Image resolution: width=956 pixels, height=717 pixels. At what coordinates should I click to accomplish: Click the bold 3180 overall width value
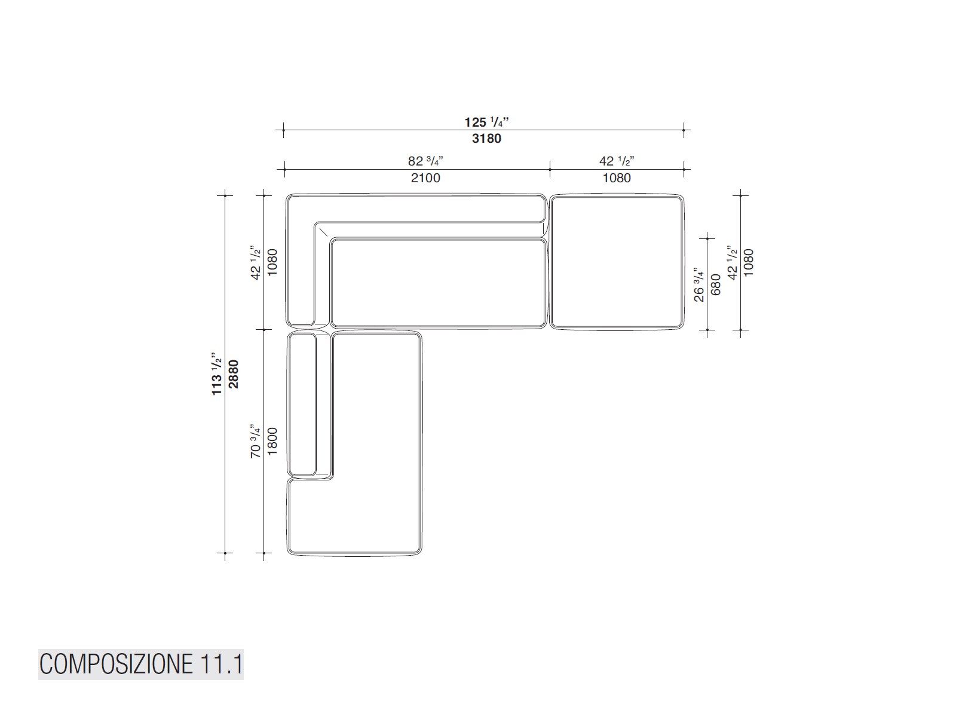(x=486, y=139)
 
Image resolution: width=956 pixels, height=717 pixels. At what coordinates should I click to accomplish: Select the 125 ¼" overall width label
(x=486, y=121)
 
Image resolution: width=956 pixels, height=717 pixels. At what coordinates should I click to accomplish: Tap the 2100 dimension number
(x=425, y=177)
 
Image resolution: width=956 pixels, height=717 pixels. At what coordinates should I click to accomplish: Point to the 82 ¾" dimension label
(x=425, y=161)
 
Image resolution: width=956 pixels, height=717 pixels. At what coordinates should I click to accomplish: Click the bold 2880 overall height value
(x=234, y=374)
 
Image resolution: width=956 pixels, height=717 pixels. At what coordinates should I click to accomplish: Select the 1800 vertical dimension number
(x=272, y=442)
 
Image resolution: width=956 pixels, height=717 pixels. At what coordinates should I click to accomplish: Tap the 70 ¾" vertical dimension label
(x=256, y=441)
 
